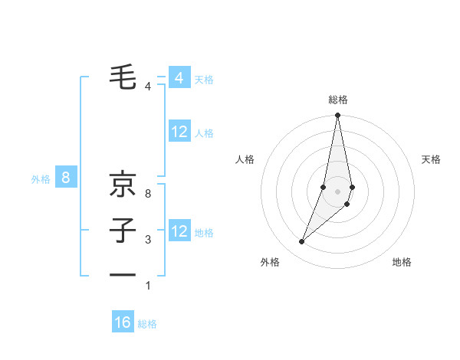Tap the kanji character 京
coord(123,183)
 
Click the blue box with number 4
coord(179,78)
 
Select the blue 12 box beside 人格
coord(179,132)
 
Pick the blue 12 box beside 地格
coord(179,231)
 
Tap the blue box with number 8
coord(66,178)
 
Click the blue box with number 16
coord(123,322)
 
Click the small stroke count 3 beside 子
coord(148,240)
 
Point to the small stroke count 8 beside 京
coord(148,194)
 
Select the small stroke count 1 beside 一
coord(148,286)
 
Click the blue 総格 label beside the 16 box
coord(147,324)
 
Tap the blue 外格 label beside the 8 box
coord(41,179)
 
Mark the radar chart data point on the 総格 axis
coord(337,116)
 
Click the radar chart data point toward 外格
coord(302,242)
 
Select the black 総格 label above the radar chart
coord(337,100)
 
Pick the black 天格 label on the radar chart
coord(432,159)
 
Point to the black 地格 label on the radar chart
coord(402,262)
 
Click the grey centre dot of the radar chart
coord(337,191)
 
